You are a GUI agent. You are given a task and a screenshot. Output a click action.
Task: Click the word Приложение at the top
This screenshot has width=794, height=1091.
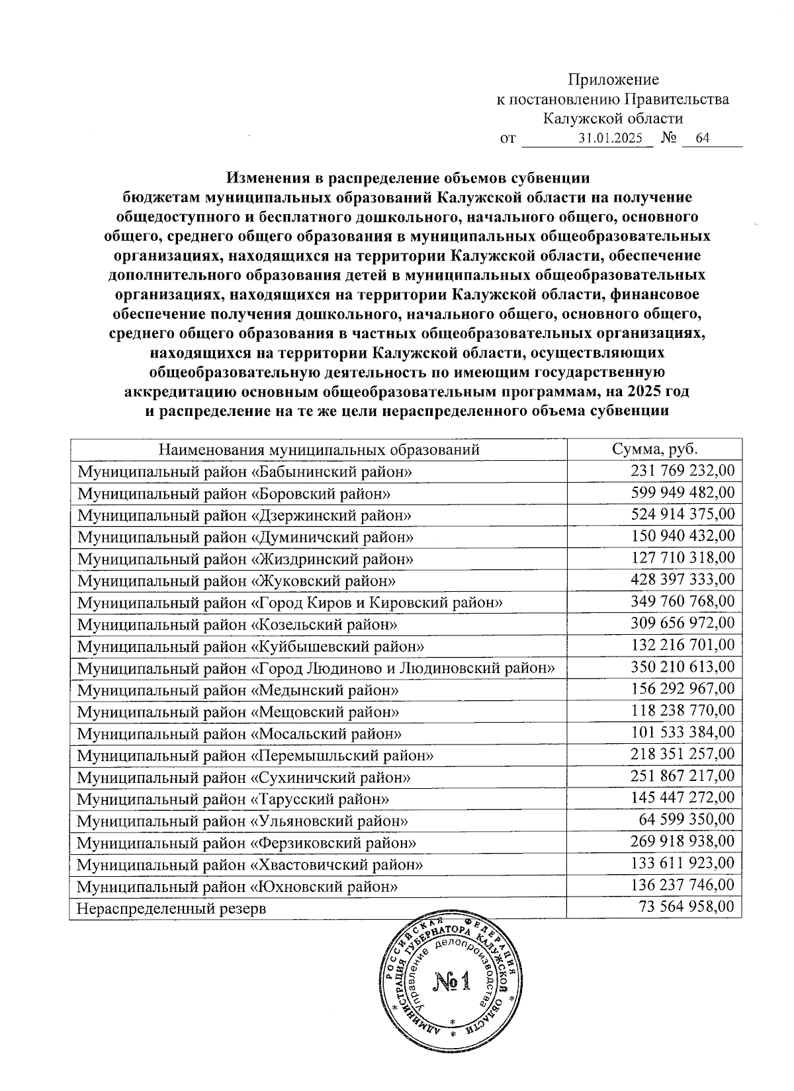tap(613, 80)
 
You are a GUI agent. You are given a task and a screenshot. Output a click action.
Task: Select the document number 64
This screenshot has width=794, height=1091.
tap(702, 139)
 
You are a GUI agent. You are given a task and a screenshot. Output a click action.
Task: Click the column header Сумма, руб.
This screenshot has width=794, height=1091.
tap(654, 450)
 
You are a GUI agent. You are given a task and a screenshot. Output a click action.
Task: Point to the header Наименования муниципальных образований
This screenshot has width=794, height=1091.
tap(318, 450)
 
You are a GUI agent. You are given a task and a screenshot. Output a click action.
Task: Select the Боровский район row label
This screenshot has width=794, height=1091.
tap(233, 493)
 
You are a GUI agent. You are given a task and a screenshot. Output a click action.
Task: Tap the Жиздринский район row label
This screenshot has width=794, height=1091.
tap(245, 559)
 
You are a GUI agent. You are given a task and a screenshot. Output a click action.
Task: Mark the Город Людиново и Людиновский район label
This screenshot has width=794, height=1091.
tap(316, 668)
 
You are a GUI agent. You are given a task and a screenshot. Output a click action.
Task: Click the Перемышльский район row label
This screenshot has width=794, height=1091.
tap(255, 755)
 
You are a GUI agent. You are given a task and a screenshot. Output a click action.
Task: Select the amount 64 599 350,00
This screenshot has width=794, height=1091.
tap(686, 820)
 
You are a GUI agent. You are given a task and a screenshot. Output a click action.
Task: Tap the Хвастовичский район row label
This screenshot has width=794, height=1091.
tap(250, 864)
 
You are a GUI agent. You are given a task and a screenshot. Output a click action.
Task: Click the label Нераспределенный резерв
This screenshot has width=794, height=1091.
tap(171, 908)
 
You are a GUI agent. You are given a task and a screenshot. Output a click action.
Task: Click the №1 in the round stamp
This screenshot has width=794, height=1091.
tap(452, 983)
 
